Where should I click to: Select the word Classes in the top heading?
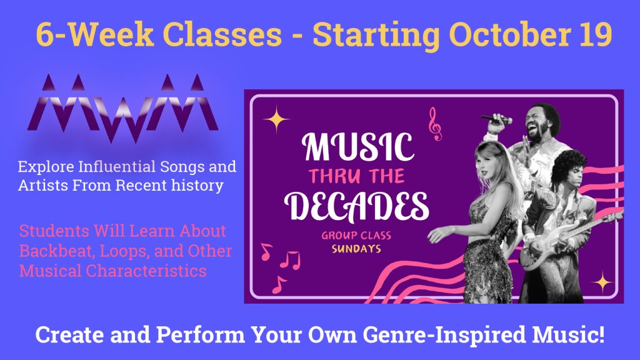point(222,34)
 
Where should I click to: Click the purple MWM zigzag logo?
point(123,108)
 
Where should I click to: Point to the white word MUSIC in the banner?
point(357,147)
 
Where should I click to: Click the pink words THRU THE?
point(357,176)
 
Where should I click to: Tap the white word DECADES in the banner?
point(356,206)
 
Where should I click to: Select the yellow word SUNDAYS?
point(356,249)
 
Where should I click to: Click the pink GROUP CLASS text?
point(356,236)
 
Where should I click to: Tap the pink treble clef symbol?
point(435,124)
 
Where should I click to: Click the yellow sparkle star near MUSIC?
point(276,119)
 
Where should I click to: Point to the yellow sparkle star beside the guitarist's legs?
point(602,282)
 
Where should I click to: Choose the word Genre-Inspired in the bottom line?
point(444,335)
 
